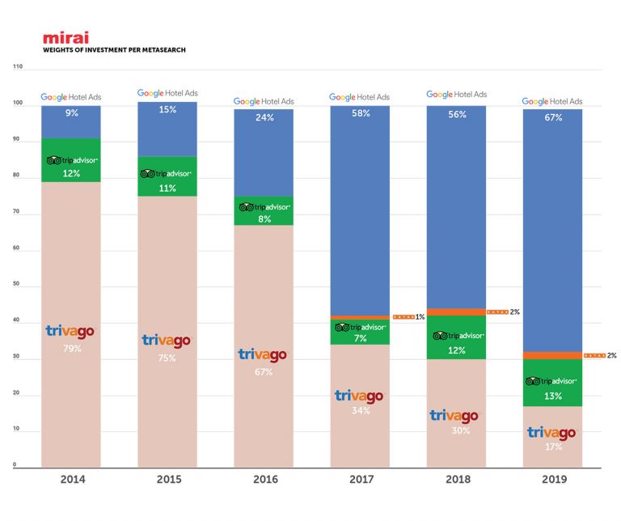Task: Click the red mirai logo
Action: [x=65, y=37]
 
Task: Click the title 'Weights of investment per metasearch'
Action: [x=114, y=50]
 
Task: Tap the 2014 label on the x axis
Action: [x=71, y=480]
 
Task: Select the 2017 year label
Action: [x=360, y=480]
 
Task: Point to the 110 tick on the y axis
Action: [x=18, y=67]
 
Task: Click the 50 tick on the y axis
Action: [x=18, y=286]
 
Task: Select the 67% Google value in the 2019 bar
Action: [x=553, y=116]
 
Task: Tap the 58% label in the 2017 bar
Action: [x=361, y=113]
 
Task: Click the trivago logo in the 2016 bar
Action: [x=264, y=354]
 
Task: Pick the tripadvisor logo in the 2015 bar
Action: [x=167, y=173]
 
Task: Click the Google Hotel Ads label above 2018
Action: [x=457, y=95]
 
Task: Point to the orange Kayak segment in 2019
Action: [x=553, y=355]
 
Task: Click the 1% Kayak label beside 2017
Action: [x=420, y=316]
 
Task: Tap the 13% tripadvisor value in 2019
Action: [x=553, y=396]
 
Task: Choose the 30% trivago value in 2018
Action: [x=457, y=431]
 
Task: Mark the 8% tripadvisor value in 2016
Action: [x=264, y=218]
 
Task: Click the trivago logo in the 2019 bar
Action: [x=553, y=432]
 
